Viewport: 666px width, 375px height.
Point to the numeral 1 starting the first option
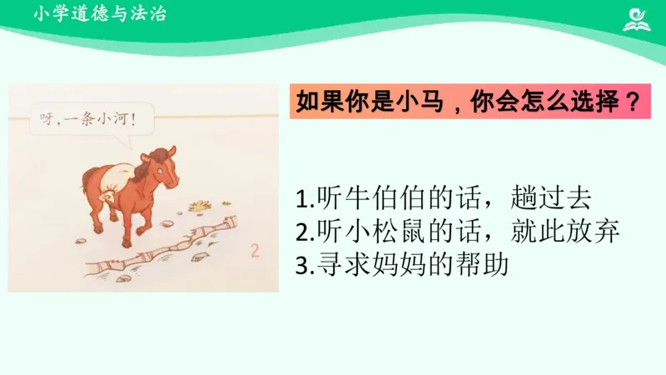click(x=300, y=199)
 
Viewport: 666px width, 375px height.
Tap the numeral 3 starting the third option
click(x=301, y=266)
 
